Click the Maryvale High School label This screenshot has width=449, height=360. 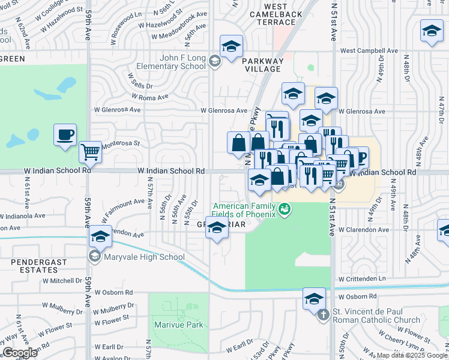coord(144,257)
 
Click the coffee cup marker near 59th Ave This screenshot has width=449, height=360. coord(65,135)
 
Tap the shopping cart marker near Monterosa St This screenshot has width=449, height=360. coord(90,152)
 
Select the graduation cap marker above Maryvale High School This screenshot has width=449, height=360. coord(100,236)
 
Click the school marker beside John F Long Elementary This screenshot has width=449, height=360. coord(231,47)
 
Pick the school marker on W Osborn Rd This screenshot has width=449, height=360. coord(314,298)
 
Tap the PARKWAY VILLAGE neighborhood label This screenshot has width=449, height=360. coord(261,65)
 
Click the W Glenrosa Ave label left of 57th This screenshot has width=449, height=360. coord(117,110)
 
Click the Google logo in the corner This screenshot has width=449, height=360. coord(20,353)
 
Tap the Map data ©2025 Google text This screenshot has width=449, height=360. coord(411,355)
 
